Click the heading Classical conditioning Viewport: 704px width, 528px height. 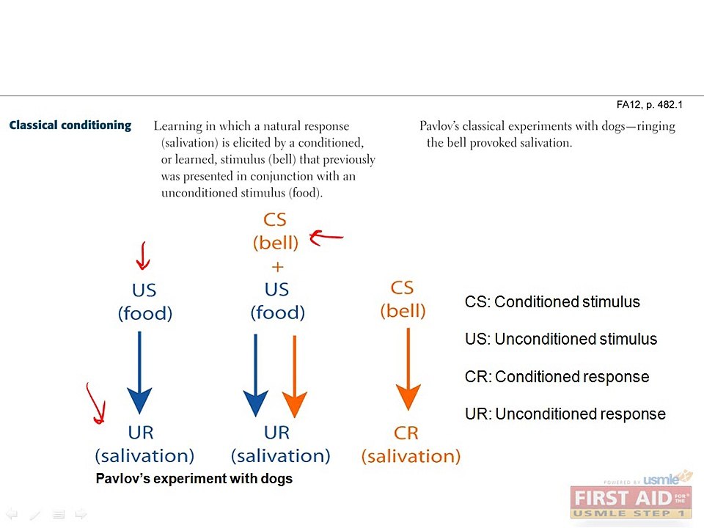pyautogui.click(x=70, y=125)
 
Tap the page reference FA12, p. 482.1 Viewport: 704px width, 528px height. pyautogui.click(x=649, y=105)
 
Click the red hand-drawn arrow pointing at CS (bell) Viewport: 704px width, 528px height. pyautogui.click(x=326, y=237)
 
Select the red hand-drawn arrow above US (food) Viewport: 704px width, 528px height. pyautogui.click(x=143, y=255)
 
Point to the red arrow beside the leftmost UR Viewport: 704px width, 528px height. pyautogui.click(x=97, y=403)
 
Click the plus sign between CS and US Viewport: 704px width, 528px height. pyautogui.click(x=277, y=267)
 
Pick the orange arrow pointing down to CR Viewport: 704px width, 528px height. pyautogui.click(x=408, y=369)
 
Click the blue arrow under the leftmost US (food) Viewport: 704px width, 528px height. pyautogui.click(x=139, y=373)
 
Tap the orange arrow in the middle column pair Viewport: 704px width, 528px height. pyautogui.click(x=295, y=376)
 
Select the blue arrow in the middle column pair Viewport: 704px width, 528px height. pyautogui.click(x=255, y=375)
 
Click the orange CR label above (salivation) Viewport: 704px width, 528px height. pyautogui.click(x=406, y=433)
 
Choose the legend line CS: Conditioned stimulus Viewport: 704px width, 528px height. pyautogui.click(x=552, y=302)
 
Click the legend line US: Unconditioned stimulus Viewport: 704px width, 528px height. pyautogui.click(x=561, y=339)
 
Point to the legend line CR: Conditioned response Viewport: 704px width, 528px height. pyautogui.click(x=557, y=377)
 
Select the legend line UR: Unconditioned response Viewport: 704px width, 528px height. pyautogui.click(x=565, y=414)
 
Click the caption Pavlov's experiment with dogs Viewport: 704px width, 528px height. pyautogui.click(x=194, y=479)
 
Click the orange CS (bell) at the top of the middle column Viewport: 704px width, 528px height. pyautogui.click(x=275, y=231)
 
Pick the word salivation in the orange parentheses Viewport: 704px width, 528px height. pyautogui.click(x=411, y=456)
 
